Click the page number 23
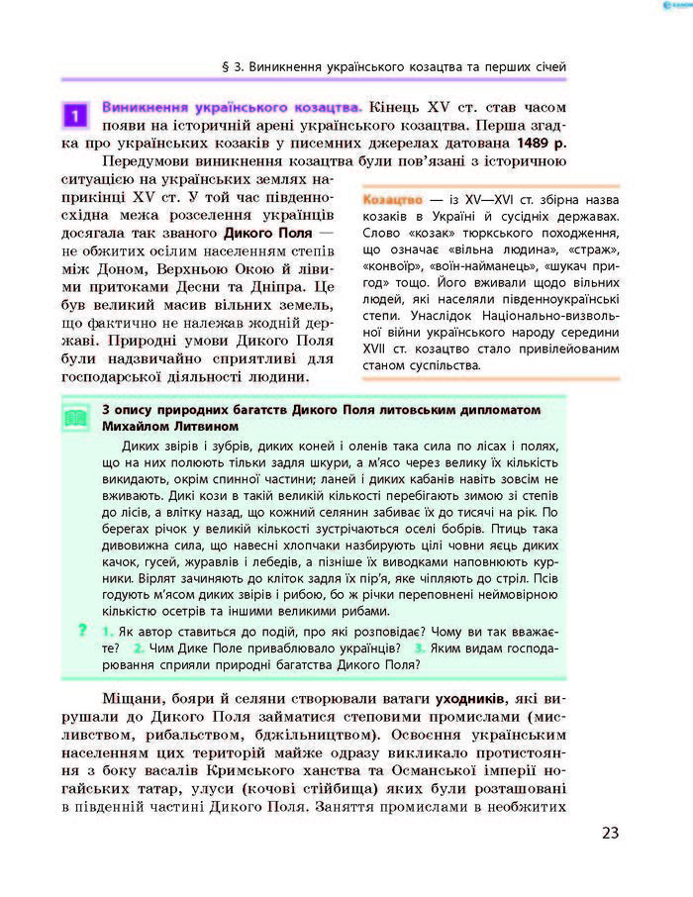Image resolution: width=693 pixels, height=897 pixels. [x=609, y=832]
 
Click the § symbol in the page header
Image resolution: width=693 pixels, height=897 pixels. [x=227, y=67]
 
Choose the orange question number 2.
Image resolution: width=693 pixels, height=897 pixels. [x=140, y=648]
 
